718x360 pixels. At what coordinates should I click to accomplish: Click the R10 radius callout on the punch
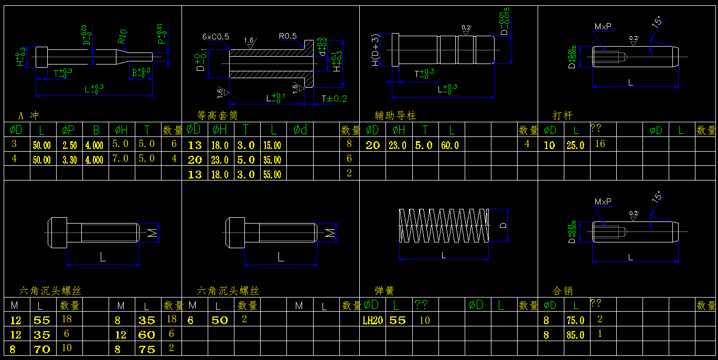122,36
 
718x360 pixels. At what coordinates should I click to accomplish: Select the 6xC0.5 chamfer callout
216,37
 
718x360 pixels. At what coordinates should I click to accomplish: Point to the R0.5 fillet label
288,36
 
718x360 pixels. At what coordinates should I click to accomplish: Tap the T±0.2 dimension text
334,98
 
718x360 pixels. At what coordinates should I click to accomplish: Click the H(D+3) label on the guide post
375,50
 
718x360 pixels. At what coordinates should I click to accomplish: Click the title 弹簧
384,291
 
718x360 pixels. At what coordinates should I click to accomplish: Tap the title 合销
563,291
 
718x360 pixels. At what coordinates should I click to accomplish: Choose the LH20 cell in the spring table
372,320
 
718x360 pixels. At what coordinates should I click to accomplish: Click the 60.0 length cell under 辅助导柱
449,145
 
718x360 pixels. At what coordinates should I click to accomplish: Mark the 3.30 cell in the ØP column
69,160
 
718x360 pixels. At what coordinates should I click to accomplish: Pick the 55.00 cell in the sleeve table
272,174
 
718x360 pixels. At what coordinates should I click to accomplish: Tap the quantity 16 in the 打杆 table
600,144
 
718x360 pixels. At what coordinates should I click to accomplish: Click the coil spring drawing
444,226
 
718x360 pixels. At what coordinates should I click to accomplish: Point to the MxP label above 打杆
603,26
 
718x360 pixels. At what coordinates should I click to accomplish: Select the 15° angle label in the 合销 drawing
656,198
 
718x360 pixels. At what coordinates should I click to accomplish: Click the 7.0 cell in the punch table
120,158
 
